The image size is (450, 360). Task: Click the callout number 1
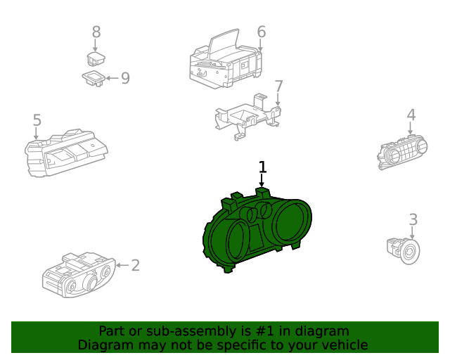(262, 167)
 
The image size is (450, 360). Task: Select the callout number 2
(135, 265)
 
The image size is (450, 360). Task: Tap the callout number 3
(413, 220)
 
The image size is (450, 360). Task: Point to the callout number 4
(411, 115)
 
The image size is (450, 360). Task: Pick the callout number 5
(37, 121)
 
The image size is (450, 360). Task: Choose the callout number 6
(261, 32)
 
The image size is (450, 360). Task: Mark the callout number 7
(278, 86)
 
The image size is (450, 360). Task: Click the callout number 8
(96, 32)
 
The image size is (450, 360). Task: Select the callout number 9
(125, 77)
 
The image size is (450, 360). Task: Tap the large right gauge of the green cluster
(291, 221)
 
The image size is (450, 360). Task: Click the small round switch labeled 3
(403, 248)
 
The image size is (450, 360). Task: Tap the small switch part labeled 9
(94, 77)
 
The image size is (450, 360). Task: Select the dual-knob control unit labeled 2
(77, 275)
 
